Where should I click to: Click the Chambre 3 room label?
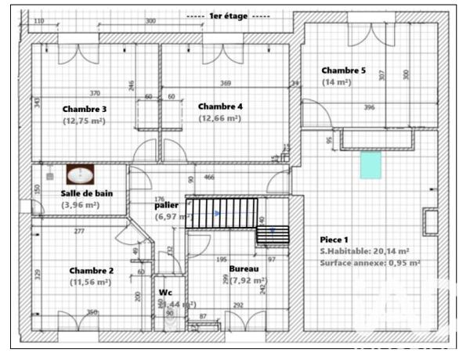coord(85,109)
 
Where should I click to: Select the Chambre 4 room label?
coord(220,106)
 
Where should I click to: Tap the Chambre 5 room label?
coord(343,70)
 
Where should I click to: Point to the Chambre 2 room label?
coord(91,271)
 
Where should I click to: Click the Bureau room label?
coord(244,268)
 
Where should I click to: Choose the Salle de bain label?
coord(85,193)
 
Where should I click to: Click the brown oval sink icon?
coord(79,175)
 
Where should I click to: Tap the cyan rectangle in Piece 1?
coord(370,165)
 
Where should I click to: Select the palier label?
coord(167,205)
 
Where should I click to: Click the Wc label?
coord(165,292)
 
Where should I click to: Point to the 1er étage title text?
coord(228,16)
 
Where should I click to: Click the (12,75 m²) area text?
coord(84,121)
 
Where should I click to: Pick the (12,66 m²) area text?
coord(219,119)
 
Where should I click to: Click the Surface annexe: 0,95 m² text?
coord(369,263)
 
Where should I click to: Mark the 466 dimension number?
coord(209,178)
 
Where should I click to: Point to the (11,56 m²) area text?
coord(90,283)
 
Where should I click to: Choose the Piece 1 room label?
coord(334,239)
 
